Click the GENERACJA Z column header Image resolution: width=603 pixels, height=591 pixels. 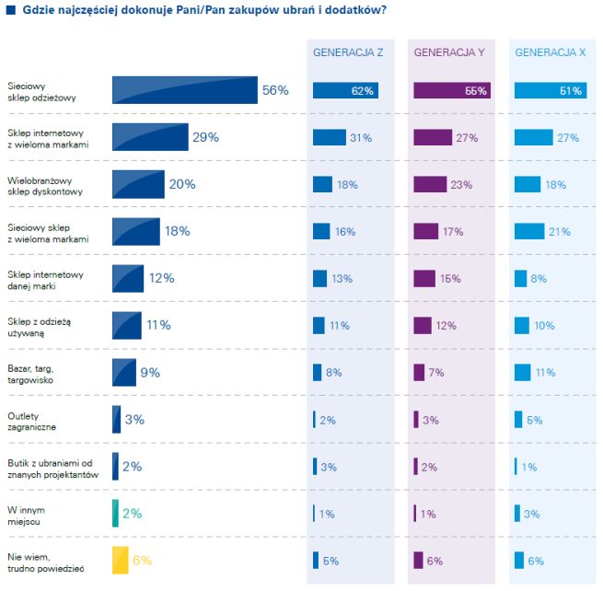(348, 52)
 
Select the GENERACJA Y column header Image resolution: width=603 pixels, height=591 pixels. (449, 52)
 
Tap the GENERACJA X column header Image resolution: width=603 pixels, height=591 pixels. (551, 52)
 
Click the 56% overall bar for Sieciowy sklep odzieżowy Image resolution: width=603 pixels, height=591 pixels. (184, 90)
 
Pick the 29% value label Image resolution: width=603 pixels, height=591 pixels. (205, 137)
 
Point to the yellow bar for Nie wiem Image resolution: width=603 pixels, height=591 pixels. (120, 560)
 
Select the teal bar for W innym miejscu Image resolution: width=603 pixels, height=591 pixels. (115, 513)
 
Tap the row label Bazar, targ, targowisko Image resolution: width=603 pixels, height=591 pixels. (35, 373)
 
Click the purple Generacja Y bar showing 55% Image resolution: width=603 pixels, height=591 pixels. (451, 90)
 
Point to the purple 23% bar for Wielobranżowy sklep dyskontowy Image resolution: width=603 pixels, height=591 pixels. (430, 184)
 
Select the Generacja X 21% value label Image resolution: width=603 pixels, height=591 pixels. (560, 231)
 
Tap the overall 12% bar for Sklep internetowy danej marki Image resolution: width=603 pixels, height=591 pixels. (127, 278)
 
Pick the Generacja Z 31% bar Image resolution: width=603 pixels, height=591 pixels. (329, 137)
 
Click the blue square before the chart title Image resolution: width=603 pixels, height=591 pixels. (9, 10)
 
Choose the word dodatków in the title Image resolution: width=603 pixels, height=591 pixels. (352, 10)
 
